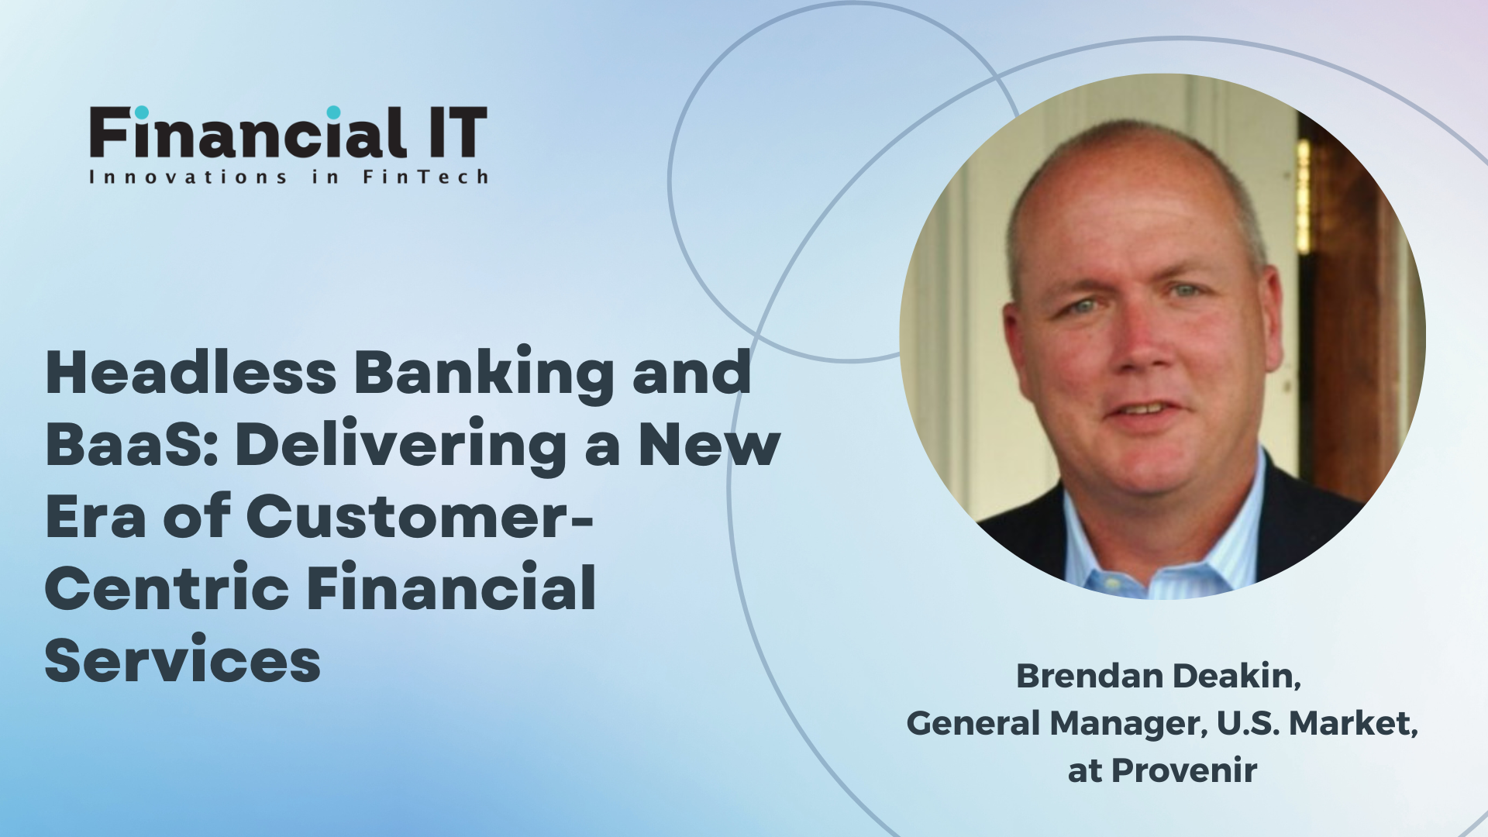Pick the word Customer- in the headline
pos(420,516)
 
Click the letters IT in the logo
pos(456,133)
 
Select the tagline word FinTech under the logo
pos(425,177)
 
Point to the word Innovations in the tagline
pos(188,177)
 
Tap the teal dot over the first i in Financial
pos(141,112)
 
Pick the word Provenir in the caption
pos(1184,770)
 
